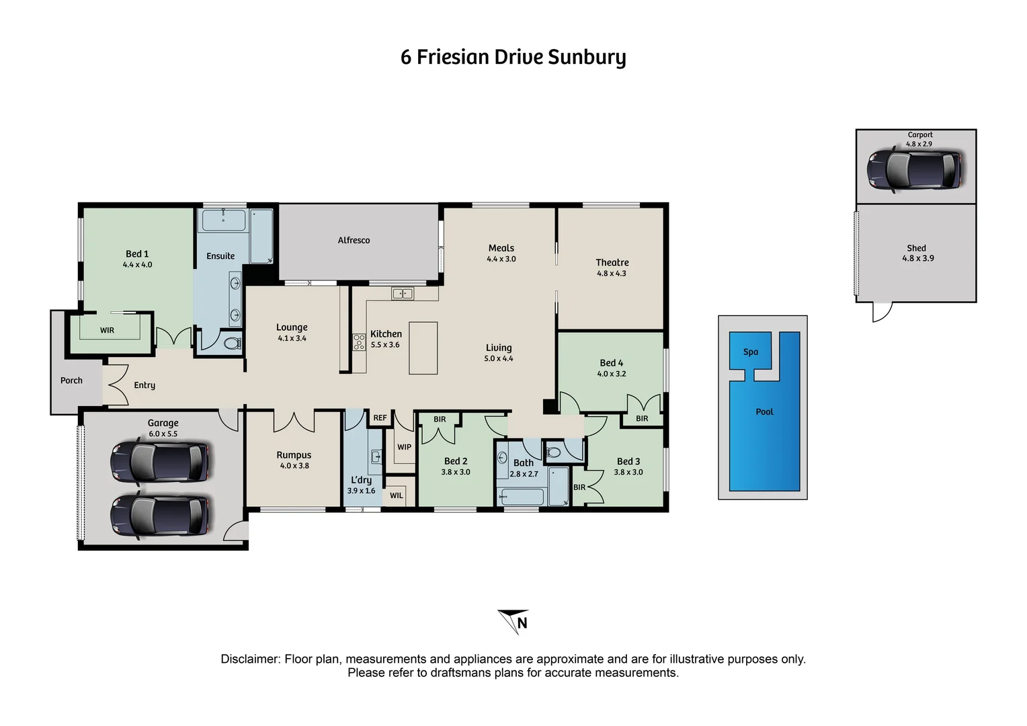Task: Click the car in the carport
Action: (914, 169)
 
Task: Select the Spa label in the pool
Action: (751, 352)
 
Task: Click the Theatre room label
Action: (612, 263)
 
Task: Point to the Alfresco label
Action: (354, 240)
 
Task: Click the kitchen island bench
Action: (423, 348)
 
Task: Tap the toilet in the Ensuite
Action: (232, 344)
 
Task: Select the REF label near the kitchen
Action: (380, 417)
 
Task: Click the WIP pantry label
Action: (404, 447)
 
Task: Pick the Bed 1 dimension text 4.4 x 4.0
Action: (137, 265)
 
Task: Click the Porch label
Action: (71, 380)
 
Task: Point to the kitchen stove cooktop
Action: (359, 342)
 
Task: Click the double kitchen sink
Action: (403, 293)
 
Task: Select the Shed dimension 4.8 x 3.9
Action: (917, 258)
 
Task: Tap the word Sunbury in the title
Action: (586, 57)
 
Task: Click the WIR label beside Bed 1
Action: (107, 330)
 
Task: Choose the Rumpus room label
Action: (294, 455)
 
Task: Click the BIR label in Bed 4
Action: (642, 418)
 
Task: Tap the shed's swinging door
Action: (881, 312)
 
